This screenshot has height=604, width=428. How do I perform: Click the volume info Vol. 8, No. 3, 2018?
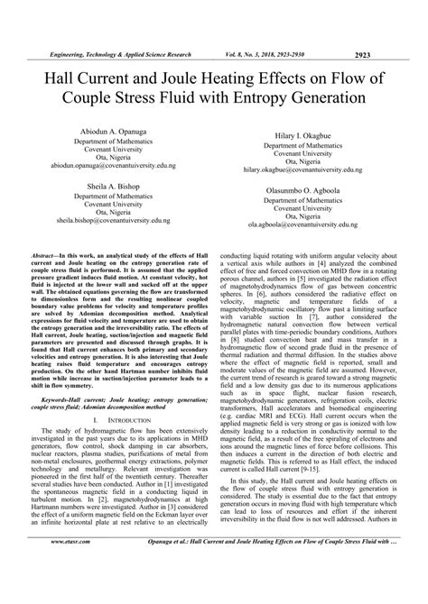coord(274,28)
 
